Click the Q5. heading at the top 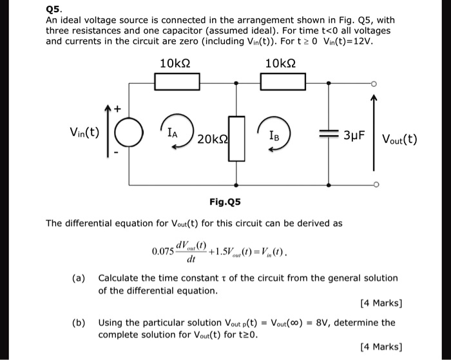coord(55,9)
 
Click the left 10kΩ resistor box coord(177,82)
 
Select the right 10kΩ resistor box coord(283,82)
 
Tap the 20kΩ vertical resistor coord(238,138)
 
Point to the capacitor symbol coord(329,136)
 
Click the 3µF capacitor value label coord(355,137)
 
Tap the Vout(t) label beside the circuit coord(399,138)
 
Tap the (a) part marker coord(79,278)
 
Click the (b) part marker coord(79,322)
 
